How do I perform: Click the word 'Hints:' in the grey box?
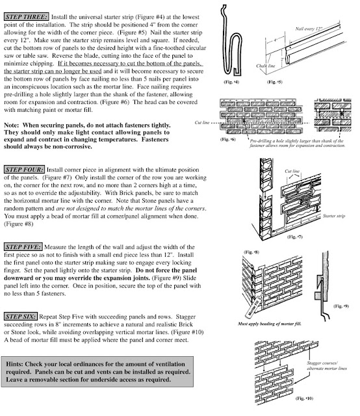(x=19, y=361)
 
